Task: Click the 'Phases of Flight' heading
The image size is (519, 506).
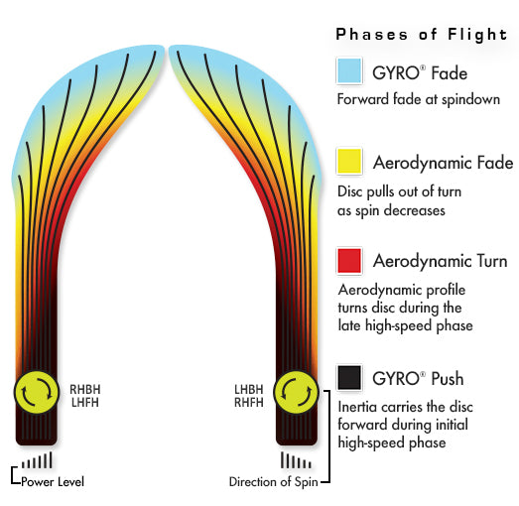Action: [422, 35]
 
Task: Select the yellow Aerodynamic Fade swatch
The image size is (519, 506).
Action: [348, 161]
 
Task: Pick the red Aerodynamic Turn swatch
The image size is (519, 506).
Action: [348, 262]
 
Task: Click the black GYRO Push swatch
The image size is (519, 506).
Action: [348, 378]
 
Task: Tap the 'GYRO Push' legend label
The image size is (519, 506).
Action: [418, 379]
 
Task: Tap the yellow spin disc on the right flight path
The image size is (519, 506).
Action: [298, 393]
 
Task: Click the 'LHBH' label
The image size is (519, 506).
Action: [251, 388]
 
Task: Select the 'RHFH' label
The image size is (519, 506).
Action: [251, 401]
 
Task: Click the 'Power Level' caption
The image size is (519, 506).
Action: [54, 482]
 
